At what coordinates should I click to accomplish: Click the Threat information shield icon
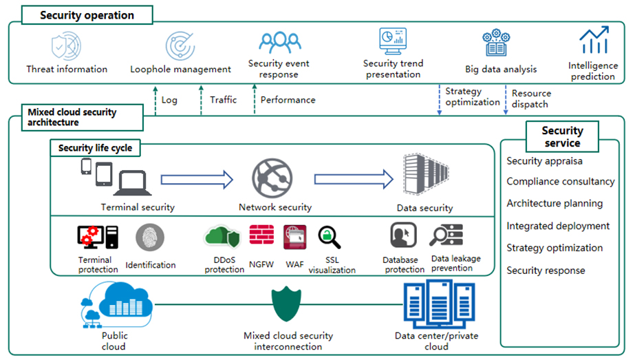[x=66, y=45]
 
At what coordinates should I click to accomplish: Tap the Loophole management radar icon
[x=180, y=45]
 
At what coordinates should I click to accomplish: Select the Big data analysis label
[x=501, y=69]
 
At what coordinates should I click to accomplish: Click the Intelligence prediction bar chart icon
[x=593, y=41]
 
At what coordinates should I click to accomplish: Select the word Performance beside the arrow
[x=288, y=100]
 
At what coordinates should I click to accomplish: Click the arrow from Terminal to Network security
[x=197, y=180]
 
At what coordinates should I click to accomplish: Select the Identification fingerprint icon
[x=149, y=238]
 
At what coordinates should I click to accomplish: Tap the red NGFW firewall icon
[x=261, y=237]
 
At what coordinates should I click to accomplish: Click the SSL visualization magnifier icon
[x=330, y=237]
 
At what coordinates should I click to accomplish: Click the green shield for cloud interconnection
[x=287, y=303]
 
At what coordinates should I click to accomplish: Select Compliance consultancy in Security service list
[x=560, y=182]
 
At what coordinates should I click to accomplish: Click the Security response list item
[x=546, y=271]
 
